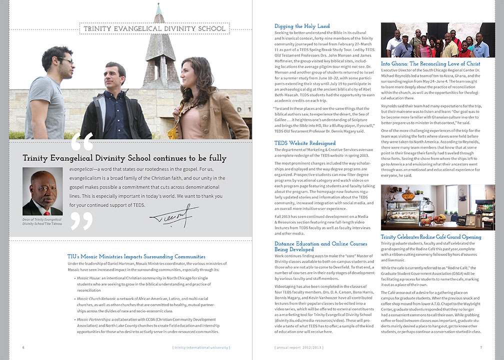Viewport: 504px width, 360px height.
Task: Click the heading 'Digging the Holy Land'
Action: [x=302, y=26]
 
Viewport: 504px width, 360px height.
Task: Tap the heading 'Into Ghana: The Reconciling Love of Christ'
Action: [x=430, y=64]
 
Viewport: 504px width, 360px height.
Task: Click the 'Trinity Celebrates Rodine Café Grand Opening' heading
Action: [x=431, y=237]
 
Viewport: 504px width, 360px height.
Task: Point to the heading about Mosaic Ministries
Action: [x=136, y=256]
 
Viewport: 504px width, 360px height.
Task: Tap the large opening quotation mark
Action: [x=82, y=142]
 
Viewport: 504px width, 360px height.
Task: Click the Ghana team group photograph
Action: [x=431, y=40]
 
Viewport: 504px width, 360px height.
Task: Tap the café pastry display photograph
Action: [x=431, y=207]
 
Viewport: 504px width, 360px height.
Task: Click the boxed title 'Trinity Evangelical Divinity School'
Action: [x=154, y=29]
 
